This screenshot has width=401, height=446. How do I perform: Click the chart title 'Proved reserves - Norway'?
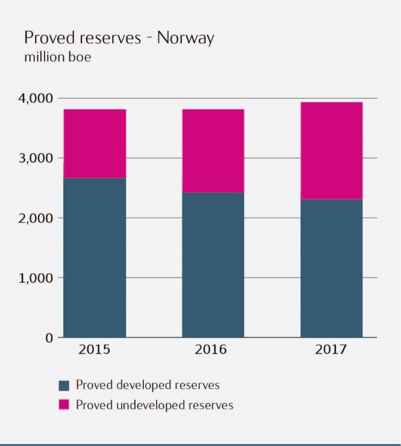(118, 39)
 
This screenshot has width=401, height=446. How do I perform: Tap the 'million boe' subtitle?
(57, 57)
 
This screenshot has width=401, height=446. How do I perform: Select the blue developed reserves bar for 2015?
(95, 257)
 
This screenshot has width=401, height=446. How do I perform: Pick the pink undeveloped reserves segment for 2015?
(95, 143)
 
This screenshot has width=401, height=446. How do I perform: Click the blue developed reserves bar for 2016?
(213, 265)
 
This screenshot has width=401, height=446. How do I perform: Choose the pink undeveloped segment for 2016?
(213, 151)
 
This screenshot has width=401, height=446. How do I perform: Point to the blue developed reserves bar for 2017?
(332, 268)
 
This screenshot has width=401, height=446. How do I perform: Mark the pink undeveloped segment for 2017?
(332, 151)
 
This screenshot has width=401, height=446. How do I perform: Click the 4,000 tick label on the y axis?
(34, 99)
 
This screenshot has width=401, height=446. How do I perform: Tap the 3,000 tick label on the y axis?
(34, 158)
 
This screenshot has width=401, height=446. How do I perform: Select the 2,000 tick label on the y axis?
(34, 218)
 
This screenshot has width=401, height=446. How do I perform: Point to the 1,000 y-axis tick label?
(34, 278)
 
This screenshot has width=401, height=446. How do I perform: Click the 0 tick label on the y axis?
(49, 337)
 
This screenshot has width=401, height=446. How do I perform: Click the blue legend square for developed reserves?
(64, 385)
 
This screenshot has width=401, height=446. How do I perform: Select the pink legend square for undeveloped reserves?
(64, 405)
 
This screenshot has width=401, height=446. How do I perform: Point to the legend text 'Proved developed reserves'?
(148, 385)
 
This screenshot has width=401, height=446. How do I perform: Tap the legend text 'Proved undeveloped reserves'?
(154, 405)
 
